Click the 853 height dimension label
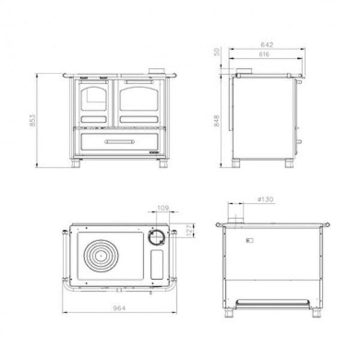(x=33, y=120)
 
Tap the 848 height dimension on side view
(x=216, y=121)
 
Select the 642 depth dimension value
(x=267, y=45)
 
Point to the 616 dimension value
(x=264, y=54)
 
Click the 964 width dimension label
(x=120, y=308)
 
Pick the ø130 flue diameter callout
(x=266, y=199)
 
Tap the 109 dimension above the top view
(x=163, y=208)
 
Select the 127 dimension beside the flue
(x=189, y=230)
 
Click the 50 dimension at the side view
(x=216, y=51)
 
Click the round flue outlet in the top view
(x=157, y=237)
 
